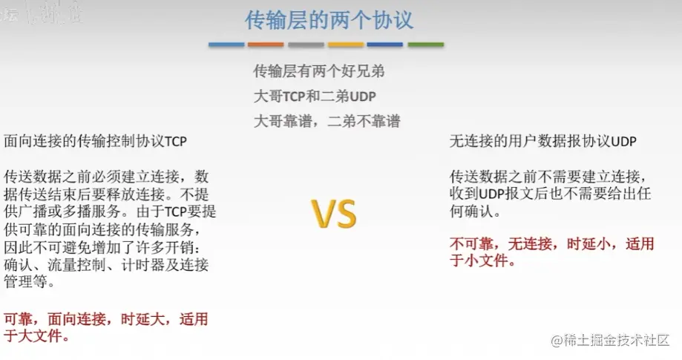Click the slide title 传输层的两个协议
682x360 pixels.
point(329,21)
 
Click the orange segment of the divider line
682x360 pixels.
point(266,45)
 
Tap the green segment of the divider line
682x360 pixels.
point(426,45)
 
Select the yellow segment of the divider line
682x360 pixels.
point(346,45)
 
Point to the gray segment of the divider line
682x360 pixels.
point(306,45)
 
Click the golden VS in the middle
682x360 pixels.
point(334,214)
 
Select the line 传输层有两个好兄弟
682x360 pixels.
point(319,71)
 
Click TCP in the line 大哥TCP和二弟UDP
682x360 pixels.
point(294,96)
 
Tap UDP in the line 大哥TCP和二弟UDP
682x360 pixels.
point(363,96)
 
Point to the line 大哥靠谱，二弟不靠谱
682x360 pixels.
point(327,121)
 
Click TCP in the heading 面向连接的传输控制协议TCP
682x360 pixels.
point(176,141)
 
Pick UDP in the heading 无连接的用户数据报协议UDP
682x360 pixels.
point(623,141)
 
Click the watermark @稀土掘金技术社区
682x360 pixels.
point(610,340)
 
